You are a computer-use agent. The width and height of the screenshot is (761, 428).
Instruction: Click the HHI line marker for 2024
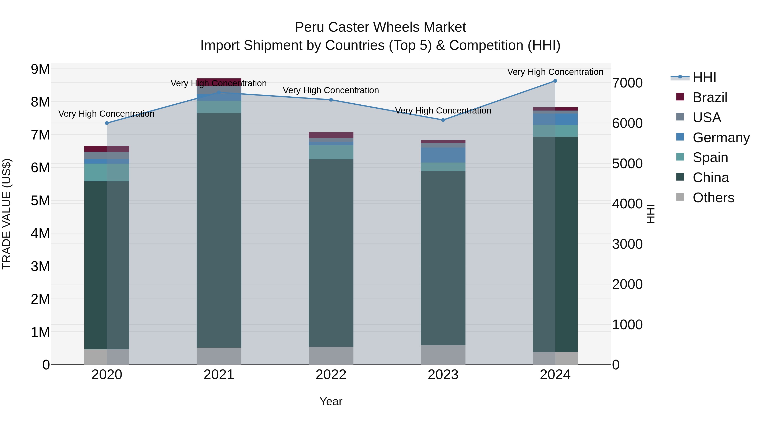555,81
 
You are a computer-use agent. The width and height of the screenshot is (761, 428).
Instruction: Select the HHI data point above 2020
107,123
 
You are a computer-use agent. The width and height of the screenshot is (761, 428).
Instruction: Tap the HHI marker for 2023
443,120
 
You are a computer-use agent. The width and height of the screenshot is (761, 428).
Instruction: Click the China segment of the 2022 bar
331,253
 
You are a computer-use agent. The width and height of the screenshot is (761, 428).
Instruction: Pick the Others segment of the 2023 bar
443,354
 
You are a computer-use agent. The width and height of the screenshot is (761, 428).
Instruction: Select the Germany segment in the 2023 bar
443,155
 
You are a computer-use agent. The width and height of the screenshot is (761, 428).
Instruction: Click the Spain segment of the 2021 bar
219,107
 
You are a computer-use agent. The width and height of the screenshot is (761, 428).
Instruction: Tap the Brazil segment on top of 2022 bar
331,135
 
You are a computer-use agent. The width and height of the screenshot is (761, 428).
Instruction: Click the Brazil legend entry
710,97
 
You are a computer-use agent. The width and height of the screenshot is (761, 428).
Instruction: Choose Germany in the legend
721,138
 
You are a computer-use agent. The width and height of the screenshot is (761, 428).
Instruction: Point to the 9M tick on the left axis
40,69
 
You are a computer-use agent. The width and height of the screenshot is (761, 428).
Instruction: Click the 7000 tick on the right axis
627,83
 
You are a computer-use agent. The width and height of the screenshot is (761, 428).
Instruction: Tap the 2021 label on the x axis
219,375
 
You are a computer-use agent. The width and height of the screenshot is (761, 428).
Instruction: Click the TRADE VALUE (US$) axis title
7,214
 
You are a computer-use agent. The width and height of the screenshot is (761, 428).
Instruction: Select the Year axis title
331,401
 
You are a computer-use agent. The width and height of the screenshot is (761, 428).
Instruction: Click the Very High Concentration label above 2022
331,90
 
